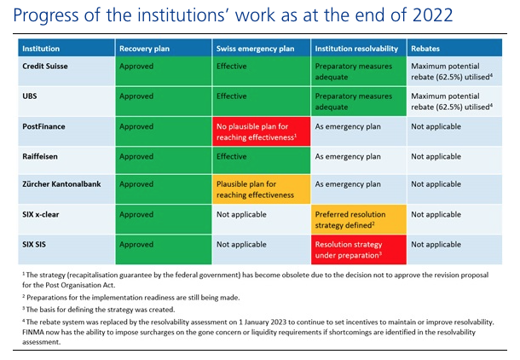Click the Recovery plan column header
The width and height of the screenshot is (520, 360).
point(144,49)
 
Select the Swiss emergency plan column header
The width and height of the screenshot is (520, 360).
point(255,49)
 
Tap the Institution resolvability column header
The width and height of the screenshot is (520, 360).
point(356,49)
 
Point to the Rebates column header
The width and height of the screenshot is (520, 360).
point(425,49)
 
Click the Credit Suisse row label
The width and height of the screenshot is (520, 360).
point(45,66)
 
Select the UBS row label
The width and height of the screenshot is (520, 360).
point(30,96)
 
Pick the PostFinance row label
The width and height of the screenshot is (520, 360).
point(43,126)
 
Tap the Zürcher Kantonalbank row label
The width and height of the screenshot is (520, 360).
point(61,184)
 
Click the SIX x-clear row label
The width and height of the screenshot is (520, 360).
point(40,214)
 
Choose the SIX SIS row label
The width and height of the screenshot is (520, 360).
point(34,245)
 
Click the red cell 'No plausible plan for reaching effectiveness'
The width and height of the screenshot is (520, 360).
point(262,131)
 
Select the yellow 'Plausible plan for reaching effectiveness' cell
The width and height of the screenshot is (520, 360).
point(262,189)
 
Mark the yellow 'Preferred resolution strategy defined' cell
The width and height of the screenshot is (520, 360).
point(359,219)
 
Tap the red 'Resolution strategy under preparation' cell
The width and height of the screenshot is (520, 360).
point(359,249)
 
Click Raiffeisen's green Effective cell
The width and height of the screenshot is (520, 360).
point(262,160)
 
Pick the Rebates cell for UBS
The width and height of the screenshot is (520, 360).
point(454,102)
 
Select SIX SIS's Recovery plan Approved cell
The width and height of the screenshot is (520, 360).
point(164,249)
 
